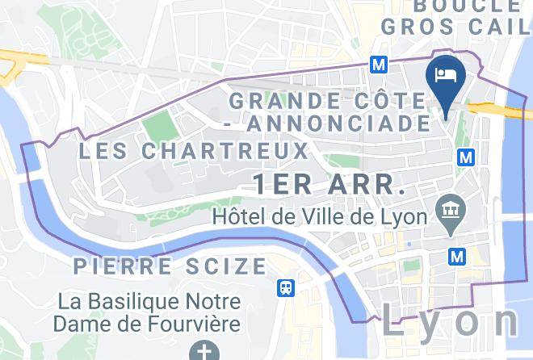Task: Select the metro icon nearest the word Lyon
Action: [x=458, y=256]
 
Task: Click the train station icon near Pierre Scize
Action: [x=285, y=287]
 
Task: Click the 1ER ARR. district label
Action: [x=329, y=184]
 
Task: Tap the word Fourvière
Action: [x=197, y=324]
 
